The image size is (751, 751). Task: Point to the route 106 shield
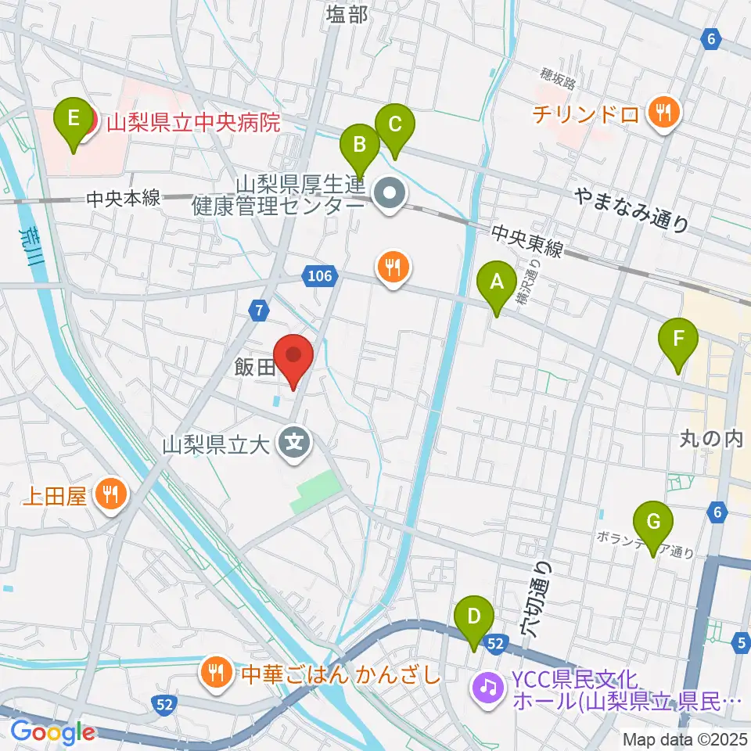pos(321,275)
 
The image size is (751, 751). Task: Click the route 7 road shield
pos(259,311)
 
